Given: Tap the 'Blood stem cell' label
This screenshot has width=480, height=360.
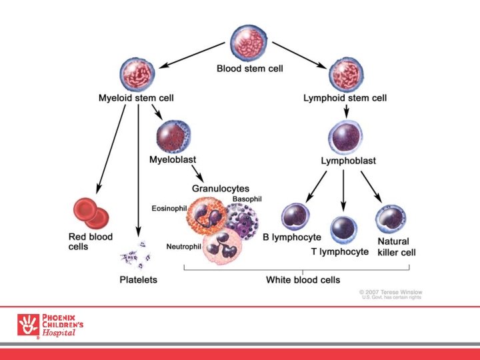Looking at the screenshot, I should coord(249,68).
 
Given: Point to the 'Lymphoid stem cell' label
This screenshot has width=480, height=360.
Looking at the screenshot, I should coord(345,98).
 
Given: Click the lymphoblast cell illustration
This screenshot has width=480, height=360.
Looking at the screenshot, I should coord(345,137).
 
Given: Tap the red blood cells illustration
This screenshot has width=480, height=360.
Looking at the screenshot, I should coord(91,213).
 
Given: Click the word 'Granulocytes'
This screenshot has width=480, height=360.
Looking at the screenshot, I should coord(221,189).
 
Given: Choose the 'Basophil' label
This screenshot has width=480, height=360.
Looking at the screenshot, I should coord(247,199).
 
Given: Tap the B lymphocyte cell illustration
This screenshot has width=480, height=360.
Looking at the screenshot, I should coord(297,217).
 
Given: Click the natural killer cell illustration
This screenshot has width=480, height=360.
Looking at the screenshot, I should coord(391,219).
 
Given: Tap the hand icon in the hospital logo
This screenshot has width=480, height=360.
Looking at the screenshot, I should coord(29,325).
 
